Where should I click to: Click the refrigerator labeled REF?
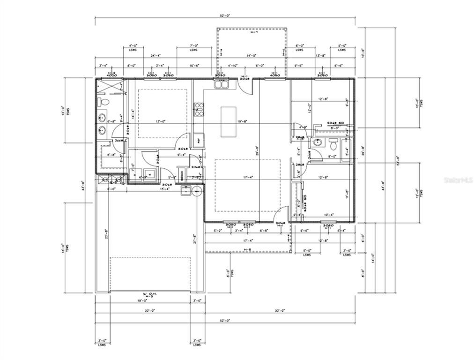[x=199, y=140]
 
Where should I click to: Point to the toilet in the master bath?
[x=104, y=102]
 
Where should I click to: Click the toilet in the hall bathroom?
[x=333, y=142]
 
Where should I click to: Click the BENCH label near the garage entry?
[x=182, y=176]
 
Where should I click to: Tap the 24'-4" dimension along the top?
[x=150, y=55]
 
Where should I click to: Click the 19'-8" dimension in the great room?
[x=243, y=121]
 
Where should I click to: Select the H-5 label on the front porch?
[x=247, y=249]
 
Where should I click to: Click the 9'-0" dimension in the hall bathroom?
[x=332, y=157]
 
